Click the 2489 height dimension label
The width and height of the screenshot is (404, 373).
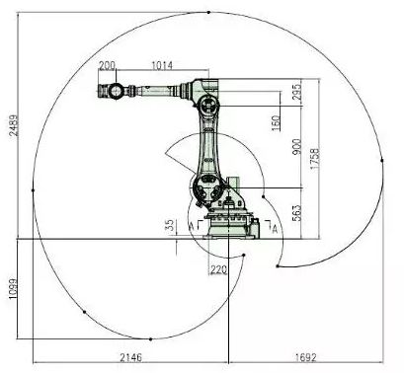point(14,125)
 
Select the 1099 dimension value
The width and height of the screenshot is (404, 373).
point(13,289)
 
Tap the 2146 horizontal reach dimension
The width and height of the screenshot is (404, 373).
point(130,357)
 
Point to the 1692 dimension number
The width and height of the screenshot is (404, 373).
point(305,357)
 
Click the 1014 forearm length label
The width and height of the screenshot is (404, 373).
point(162,65)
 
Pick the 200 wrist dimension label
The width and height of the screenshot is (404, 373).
point(108,65)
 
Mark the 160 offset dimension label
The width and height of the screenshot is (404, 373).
point(276,123)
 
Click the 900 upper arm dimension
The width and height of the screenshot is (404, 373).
point(296,147)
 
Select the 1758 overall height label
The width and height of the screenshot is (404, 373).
point(315,159)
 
